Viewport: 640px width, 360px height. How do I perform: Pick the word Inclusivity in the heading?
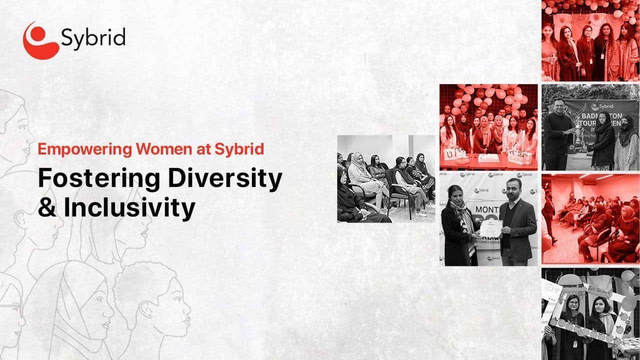coord(129,208)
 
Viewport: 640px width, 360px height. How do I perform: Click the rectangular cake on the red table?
coord(488,158)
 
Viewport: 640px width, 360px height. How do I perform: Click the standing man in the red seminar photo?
coord(549,212)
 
